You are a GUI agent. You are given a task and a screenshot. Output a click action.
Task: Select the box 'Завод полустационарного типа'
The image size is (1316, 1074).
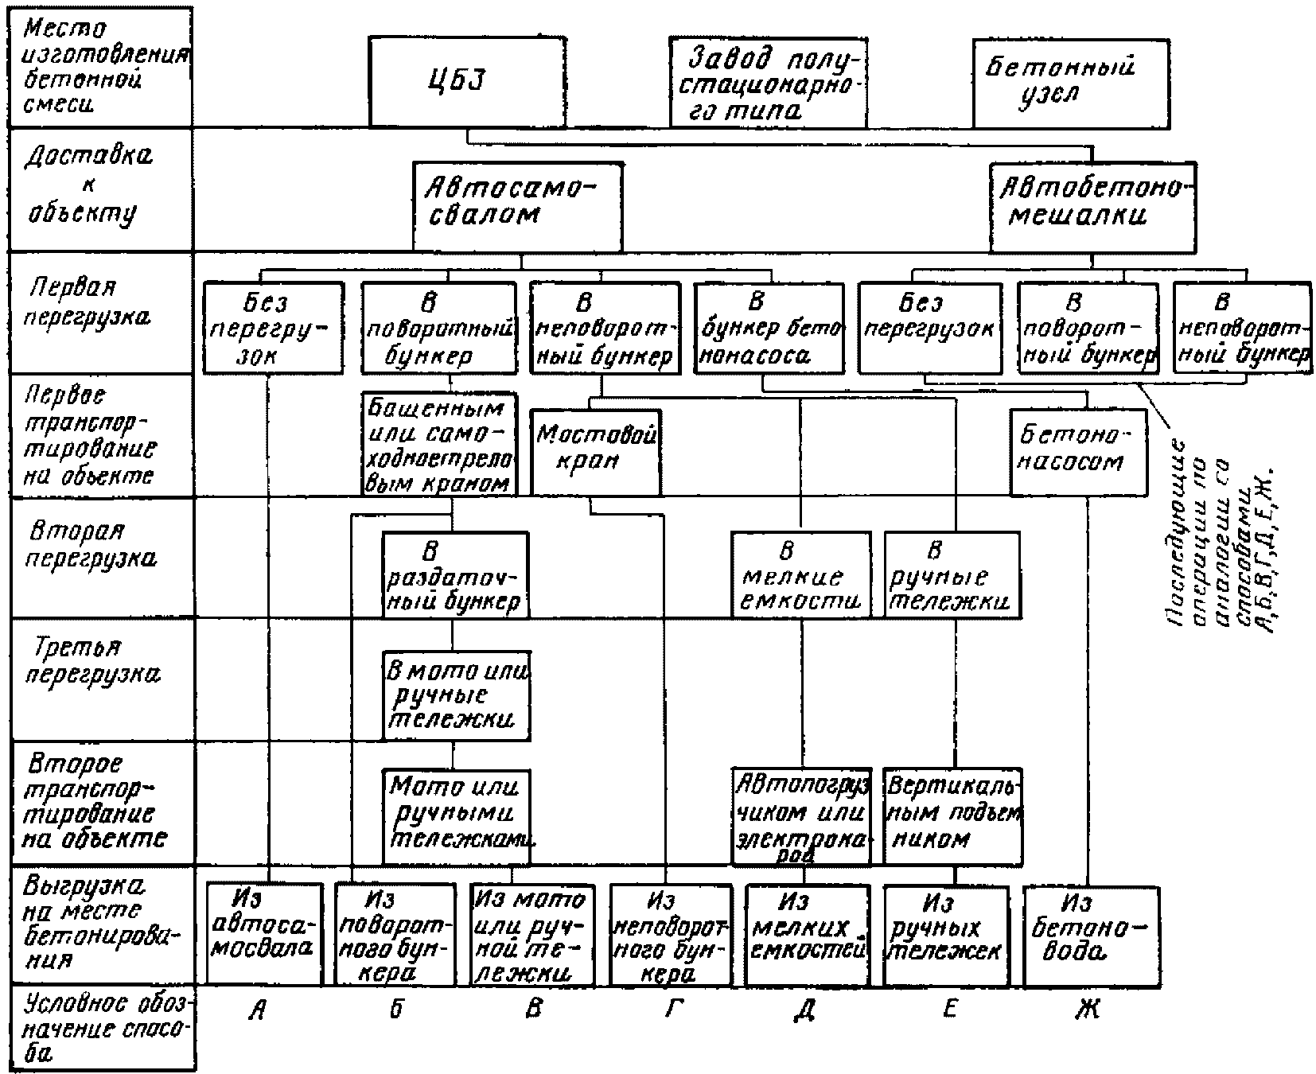click(767, 82)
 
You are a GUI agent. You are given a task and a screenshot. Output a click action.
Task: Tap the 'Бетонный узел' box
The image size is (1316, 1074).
click(1070, 82)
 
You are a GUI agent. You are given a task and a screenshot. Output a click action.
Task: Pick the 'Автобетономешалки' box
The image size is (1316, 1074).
click(1092, 207)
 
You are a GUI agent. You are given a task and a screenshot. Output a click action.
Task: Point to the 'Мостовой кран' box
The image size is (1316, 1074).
click(595, 452)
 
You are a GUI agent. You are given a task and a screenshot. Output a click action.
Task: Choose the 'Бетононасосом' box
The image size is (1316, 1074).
click(1079, 452)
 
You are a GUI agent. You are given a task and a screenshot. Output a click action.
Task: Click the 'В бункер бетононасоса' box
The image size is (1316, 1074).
click(769, 327)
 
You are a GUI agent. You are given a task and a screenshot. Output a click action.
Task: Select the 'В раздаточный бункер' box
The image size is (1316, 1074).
click(454, 575)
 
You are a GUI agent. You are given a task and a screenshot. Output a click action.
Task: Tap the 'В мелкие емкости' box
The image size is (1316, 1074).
click(800, 575)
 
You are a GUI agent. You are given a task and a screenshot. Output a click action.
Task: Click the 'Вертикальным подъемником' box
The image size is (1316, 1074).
click(953, 815)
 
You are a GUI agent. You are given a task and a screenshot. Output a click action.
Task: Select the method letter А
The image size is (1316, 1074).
click(257, 1010)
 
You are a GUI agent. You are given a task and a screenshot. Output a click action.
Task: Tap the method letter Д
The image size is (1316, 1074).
click(804, 1010)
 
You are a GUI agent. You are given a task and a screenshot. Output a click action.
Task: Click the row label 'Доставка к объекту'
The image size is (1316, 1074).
click(89, 185)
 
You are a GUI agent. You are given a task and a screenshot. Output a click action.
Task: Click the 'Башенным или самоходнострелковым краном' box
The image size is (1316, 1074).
click(438, 445)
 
